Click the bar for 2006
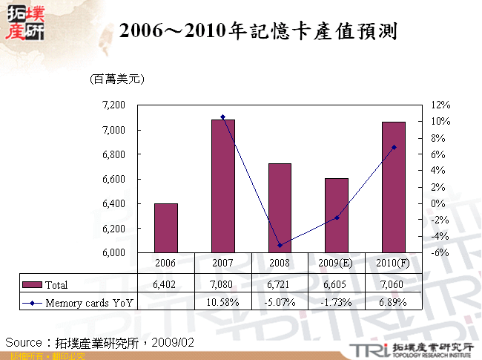pos(166,228)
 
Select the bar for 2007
pos(223,186)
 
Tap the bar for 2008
pos(280,208)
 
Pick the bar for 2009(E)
pos(337,215)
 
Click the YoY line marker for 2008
pos(280,245)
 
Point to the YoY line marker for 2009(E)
pos(337,217)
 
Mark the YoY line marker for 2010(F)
pos(394,147)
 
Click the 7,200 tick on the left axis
pos(113,105)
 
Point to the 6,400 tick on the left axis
pos(113,203)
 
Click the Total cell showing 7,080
pos(223,284)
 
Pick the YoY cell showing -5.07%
pos(280,302)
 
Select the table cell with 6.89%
pos(394,302)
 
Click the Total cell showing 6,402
pos(166,284)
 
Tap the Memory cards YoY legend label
pos(88,302)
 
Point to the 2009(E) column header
pos(337,264)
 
